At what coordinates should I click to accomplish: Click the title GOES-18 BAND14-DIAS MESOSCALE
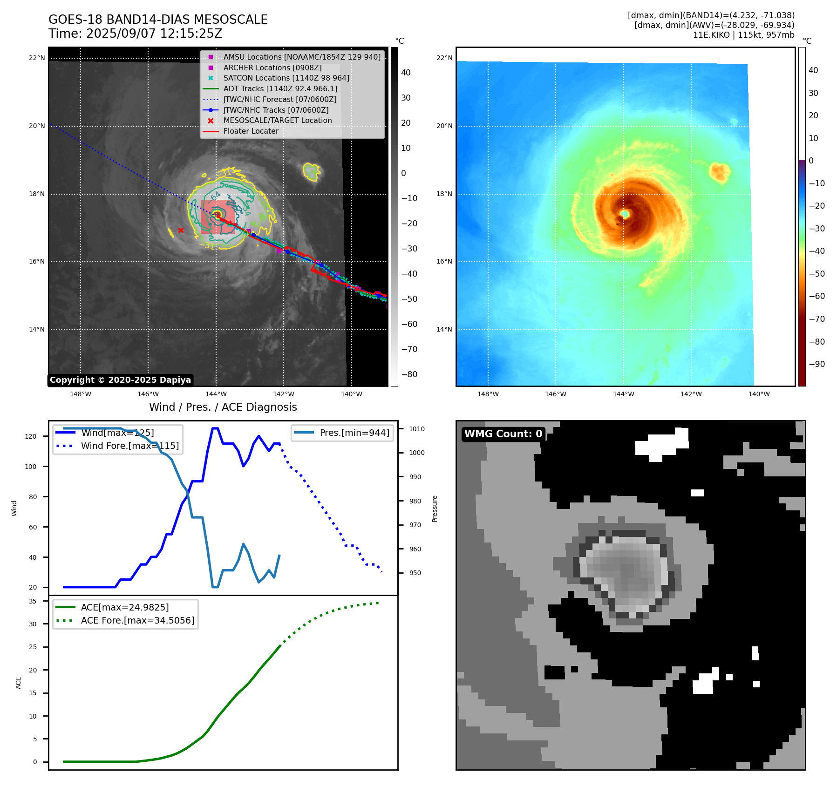tap(158, 20)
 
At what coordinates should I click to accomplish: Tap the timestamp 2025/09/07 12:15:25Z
tap(154, 34)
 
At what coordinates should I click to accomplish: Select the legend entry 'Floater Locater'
tap(251, 131)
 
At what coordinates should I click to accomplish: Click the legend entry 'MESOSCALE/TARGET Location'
tap(277, 121)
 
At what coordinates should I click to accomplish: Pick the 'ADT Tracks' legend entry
tap(280, 88)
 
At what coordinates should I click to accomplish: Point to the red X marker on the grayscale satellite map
tap(181, 230)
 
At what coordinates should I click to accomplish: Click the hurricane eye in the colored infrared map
tap(625, 214)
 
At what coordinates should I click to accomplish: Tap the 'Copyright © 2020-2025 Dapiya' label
tap(120, 380)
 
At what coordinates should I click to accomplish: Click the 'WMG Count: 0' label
tap(503, 434)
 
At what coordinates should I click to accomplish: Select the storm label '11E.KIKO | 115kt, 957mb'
tap(743, 35)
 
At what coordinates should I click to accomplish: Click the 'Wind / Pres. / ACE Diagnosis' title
tap(223, 407)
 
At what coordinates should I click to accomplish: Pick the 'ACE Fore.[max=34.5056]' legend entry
tap(137, 620)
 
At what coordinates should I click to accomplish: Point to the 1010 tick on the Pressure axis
tap(417, 429)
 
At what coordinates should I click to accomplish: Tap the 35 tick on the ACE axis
tap(33, 601)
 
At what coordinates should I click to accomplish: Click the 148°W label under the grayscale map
tap(81, 394)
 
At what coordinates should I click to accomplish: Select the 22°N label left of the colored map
tap(444, 58)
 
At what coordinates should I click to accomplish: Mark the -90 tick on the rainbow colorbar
tap(817, 364)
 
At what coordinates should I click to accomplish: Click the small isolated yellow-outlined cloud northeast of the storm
tap(311, 171)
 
